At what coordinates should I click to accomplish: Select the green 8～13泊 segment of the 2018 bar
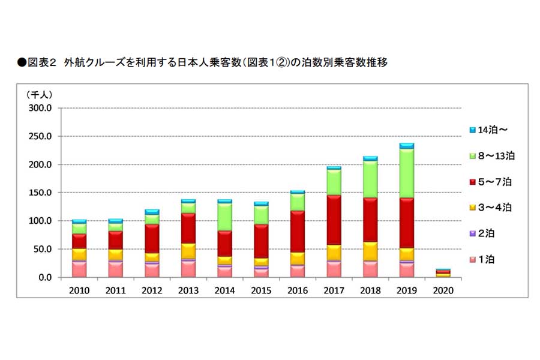point(370,179)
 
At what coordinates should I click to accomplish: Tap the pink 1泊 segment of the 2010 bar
point(79,269)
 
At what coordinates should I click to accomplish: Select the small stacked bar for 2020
point(443,274)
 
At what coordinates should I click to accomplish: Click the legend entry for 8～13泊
point(491,156)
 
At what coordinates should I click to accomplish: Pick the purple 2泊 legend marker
point(472,233)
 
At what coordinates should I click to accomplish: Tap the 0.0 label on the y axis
point(46,277)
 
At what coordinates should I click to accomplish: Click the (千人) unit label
point(40,94)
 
